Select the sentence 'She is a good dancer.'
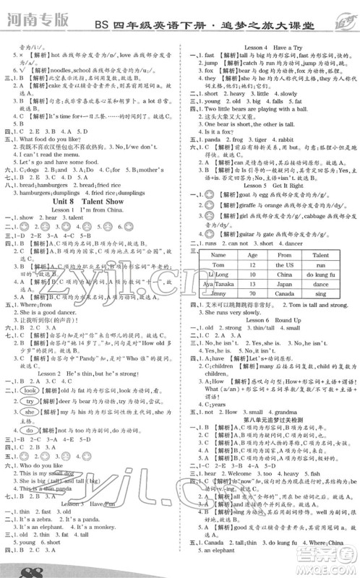[51, 306]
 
